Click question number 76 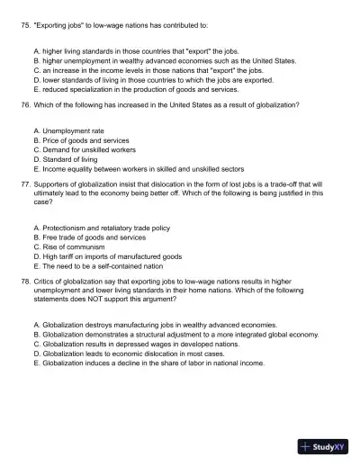[x=25, y=105]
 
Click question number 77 [x=25, y=183]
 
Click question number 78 [x=25, y=281]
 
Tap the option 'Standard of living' [x=77, y=159]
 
